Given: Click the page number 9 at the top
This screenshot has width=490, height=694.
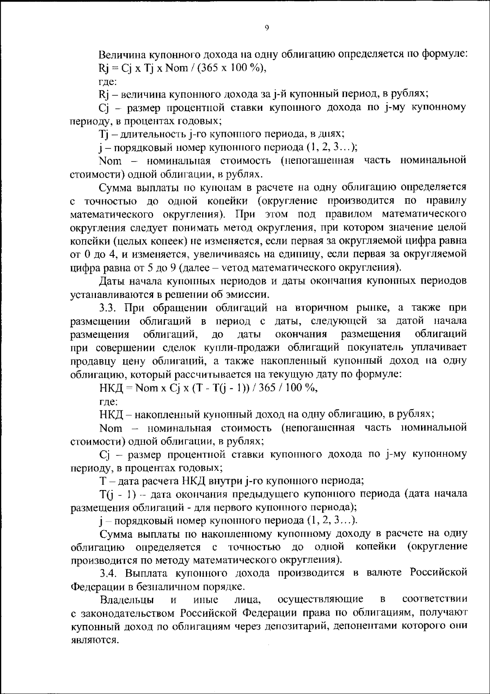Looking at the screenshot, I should coord(267,28).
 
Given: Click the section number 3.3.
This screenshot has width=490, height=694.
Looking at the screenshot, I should coord(109,307).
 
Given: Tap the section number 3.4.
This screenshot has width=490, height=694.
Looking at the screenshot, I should coord(109,573).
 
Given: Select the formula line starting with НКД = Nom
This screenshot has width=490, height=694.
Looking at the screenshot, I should coord(209,388).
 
